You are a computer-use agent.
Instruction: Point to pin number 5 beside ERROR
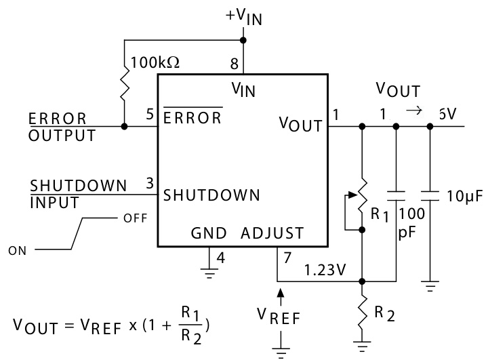click(x=149, y=116)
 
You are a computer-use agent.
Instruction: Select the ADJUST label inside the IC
click(x=272, y=234)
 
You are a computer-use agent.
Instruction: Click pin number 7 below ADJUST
click(x=288, y=258)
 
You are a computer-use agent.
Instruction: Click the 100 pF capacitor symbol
click(x=396, y=196)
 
